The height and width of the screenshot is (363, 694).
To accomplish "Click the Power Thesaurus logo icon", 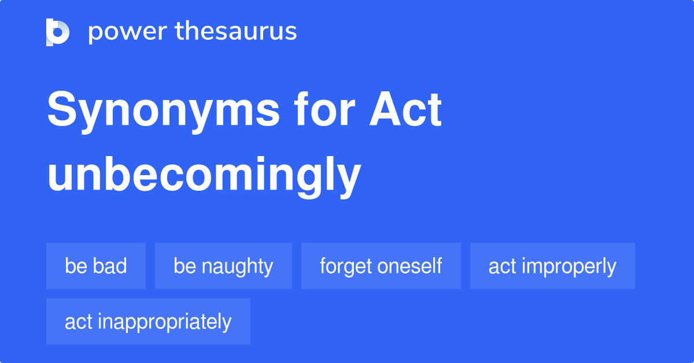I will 58,32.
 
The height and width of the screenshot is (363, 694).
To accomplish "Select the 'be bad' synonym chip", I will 96,266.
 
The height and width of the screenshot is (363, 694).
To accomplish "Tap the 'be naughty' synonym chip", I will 223,266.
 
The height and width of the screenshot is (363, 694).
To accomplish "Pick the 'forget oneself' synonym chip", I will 381,266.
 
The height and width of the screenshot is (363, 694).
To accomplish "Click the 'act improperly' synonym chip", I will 552,266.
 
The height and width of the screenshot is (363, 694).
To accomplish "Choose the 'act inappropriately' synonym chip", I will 148,321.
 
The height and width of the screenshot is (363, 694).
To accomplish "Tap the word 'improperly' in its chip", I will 569,266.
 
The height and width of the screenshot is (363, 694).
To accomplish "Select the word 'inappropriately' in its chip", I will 164,322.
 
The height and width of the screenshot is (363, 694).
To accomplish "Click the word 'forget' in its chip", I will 346,266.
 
